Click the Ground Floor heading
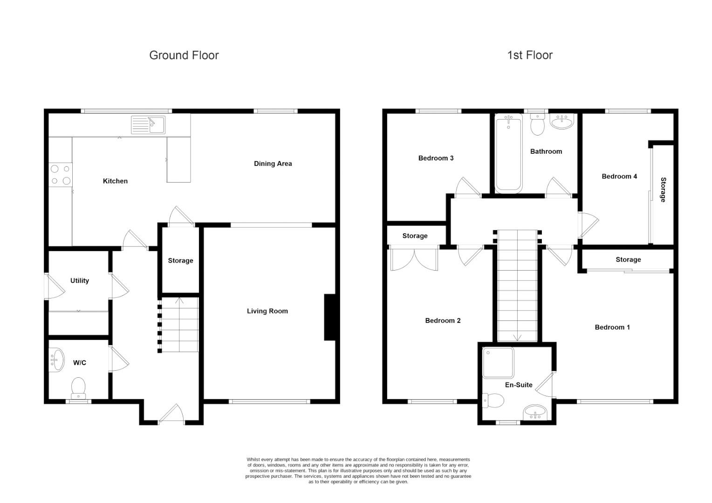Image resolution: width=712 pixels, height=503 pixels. click(x=184, y=55)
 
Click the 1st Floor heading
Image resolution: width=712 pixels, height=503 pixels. click(x=529, y=55)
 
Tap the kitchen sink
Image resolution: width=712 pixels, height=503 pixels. click(x=148, y=124)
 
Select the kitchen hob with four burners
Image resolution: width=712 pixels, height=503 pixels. click(x=61, y=175)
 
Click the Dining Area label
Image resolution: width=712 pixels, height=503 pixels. click(x=273, y=163)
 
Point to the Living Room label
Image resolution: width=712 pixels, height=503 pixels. click(x=267, y=311)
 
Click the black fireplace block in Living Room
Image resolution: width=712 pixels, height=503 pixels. click(x=329, y=317)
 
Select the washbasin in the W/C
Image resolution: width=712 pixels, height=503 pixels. click(x=56, y=360)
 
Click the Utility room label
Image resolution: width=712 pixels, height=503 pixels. click(x=79, y=280)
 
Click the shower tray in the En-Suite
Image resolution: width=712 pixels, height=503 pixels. click(x=498, y=362)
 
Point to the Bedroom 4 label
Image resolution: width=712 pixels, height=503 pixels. click(x=619, y=176)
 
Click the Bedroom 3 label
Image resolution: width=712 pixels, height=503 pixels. click(x=436, y=158)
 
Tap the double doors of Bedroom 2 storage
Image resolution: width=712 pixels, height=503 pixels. click(x=414, y=259)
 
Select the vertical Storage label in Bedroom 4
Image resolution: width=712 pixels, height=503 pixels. click(x=663, y=190)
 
